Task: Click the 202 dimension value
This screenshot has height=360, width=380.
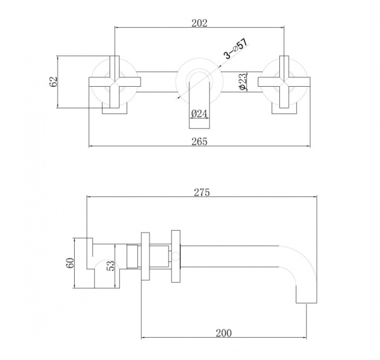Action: [199, 23]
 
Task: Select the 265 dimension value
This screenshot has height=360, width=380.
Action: [199, 141]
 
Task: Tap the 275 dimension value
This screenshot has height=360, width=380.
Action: [201, 192]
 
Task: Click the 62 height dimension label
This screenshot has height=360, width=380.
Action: [54, 82]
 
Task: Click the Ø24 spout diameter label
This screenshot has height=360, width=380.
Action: [199, 113]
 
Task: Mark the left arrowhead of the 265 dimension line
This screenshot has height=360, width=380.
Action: [91, 146]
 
